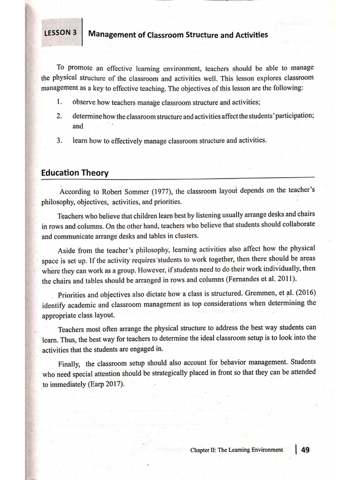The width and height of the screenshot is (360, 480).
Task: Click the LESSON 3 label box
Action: coord(60,33)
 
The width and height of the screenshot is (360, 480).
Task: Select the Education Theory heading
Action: coord(75,172)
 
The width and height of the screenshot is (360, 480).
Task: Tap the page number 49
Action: coord(305,450)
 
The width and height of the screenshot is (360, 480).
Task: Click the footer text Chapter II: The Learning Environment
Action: coord(236,450)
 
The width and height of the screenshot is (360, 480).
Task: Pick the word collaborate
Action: coord(297,225)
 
